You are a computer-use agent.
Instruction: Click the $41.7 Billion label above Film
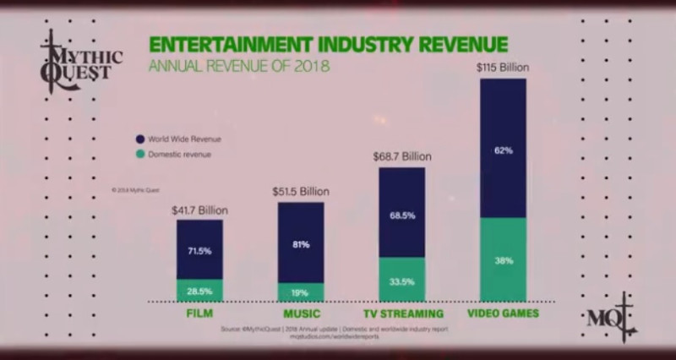coord(199,210)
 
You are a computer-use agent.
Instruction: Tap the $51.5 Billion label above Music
coord(301,192)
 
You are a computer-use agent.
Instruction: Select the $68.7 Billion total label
coord(401,157)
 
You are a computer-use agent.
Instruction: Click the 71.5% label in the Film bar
coord(199,251)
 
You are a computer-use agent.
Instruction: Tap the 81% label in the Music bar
coord(301,244)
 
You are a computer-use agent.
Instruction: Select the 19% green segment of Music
coord(301,292)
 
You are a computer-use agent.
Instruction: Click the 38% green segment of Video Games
coord(503,259)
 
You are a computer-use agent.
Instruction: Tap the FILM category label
coord(199,314)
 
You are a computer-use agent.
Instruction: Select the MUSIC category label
coord(301,314)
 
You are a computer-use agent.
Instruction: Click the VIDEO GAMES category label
coord(503,314)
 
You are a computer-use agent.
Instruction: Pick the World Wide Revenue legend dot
coord(139,139)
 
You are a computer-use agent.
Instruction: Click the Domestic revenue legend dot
coord(139,155)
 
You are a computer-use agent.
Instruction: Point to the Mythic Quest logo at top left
coord(79,57)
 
